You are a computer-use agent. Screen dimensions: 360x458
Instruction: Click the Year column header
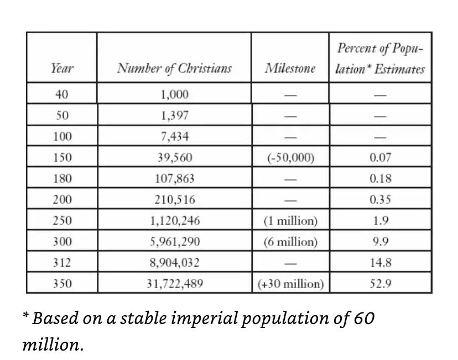click(x=62, y=69)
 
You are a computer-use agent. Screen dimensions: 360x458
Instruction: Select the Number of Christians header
click(x=174, y=69)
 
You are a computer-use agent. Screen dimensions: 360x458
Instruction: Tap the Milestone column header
click(x=290, y=69)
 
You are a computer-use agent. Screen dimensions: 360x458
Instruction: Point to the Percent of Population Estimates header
click(x=380, y=59)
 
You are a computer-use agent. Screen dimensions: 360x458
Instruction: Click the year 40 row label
click(x=62, y=95)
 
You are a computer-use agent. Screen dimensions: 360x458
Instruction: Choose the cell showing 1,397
click(x=174, y=116)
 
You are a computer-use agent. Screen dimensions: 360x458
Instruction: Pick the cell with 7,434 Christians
click(x=174, y=137)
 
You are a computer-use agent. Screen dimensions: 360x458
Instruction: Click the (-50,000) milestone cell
click(x=290, y=158)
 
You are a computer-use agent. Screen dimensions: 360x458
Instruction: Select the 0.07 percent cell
click(x=380, y=158)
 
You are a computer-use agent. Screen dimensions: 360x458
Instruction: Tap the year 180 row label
click(x=62, y=179)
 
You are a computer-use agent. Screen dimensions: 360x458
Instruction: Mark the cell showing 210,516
click(x=174, y=200)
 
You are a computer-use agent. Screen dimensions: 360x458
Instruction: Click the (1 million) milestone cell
click(x=290, y=221)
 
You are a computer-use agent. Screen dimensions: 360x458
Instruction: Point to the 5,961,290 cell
click(x=174, y=242)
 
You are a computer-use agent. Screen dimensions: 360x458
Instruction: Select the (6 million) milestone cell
click(x=290, y=242)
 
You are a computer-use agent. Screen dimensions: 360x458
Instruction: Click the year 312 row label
click(x=62, y=263)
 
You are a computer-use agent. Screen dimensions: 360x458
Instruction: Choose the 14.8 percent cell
click(x=380, y=263)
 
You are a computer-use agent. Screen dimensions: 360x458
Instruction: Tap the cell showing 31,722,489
click(x=174, y=284)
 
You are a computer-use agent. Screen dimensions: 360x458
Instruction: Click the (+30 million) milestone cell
click(x=290, y=284)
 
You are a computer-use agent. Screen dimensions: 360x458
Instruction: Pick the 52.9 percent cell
click(x=380, y=284)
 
